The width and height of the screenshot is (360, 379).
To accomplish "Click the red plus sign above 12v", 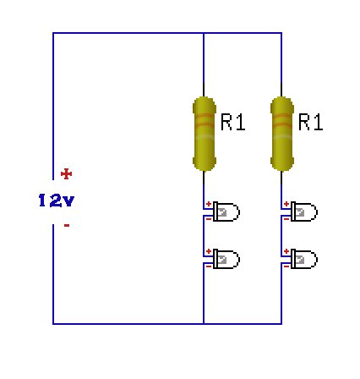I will click(67, 174).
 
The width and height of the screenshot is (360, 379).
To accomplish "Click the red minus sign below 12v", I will click(66, 226).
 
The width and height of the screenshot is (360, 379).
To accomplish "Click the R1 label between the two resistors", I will click(232, 124).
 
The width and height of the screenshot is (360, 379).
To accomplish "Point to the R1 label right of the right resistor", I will click(310, 124).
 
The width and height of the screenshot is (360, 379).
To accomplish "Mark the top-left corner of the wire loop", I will click(53, 34).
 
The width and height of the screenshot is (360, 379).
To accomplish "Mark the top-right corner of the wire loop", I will click(281, 34).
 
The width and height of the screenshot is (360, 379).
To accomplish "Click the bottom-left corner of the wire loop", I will click(53, 323).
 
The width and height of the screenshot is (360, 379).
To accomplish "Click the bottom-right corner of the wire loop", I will click(281, 323).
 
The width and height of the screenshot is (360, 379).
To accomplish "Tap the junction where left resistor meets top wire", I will click(204, 34).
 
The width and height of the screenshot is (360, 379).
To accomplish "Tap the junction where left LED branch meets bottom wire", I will click(204, 323).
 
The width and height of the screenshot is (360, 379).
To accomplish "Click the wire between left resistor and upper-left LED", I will click(204, 186).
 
